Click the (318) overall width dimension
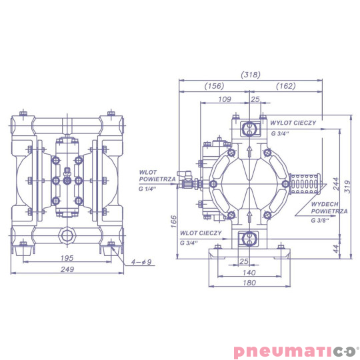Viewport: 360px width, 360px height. pyautogui.click(x=251, y=75)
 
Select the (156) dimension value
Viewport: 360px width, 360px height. pyautogui.click(x=214, y=86)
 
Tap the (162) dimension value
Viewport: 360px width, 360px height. pyautogui.click(x=285, y=86)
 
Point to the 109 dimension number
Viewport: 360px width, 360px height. pyautogui.click(x=225, y=99)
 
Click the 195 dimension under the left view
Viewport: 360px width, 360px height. pyautogui.click(x=67, y=258)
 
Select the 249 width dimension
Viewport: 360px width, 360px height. pyautogui.click(x=67, y=269)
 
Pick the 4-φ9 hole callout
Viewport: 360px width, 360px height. pyautogui.click(x=141, y=262)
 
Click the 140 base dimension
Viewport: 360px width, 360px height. pyautogui.click(x=249, y=273)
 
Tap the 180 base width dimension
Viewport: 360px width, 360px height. pyautogui.click(x=249, y=283)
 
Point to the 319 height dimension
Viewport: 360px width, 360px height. pyautogui.click(x=348, y=187)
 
